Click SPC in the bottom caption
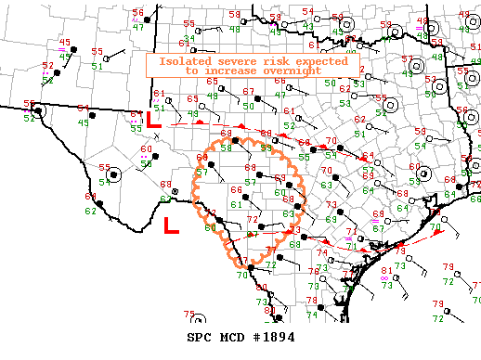201,337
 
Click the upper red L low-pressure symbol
155,120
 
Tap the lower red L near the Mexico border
171,225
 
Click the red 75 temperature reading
189,315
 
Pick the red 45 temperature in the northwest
65,42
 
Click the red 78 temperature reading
313,300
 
